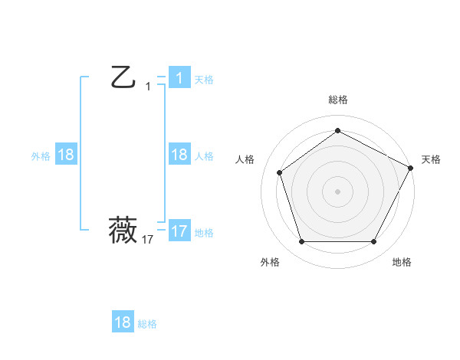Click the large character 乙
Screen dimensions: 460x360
(123, 78)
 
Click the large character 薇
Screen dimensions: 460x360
(123, 230)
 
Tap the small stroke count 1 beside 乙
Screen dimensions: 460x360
(148, 87)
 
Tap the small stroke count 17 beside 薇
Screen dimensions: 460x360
(148, 240)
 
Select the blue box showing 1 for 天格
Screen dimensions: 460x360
(179, 78)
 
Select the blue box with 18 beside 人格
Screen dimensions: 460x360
(179, 155)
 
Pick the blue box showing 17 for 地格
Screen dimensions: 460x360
(179, 231)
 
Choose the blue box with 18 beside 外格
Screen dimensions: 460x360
(66, 155)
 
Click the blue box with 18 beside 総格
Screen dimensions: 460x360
(123, 322)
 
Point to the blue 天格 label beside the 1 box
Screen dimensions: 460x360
(204, 80)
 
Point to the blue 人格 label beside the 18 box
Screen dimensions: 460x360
(204, 156)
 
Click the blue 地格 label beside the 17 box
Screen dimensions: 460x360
(204, 233)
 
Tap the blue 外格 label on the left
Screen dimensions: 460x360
(41, 156)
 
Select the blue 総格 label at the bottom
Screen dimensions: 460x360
(147, 324)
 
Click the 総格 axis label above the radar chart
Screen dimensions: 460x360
(338, 100)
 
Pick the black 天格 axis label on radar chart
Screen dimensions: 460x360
(431, 159)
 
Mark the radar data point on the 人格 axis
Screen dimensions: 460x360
(280, 172)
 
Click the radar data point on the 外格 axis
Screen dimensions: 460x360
(301, 242)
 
